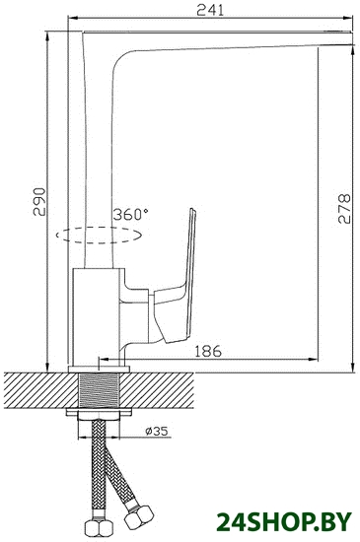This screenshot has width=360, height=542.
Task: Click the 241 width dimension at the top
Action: click(x=210, y=10)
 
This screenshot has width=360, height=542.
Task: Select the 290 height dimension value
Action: click(x=39, y=202)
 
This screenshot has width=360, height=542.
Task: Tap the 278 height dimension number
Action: click(x=344, y=209)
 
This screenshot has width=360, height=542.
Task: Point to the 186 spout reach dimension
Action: click(x=207, y=351)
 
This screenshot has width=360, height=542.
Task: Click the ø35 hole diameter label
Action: click(x=157, y=431)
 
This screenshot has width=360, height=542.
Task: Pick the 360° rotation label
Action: click(x=131, y=215)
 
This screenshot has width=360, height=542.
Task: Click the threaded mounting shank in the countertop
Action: click(x=100, y=390)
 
